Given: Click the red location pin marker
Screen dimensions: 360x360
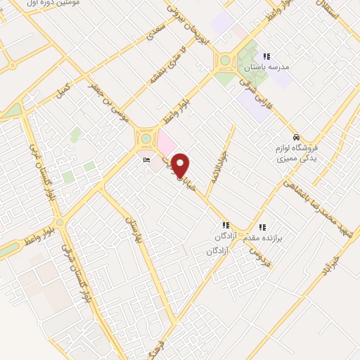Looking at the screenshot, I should click(x=181, y=165).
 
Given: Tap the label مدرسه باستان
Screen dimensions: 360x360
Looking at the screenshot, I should click(x=266, y=68).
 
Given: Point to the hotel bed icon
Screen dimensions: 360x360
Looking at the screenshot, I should click(x=146, y=161).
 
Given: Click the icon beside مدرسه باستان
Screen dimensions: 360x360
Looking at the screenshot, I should click(x=266, y=56).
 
